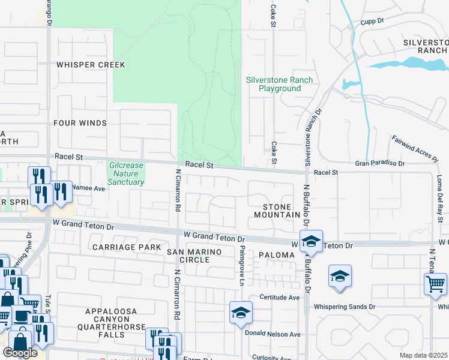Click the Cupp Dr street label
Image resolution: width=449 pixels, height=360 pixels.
pyautogui.click(x=372, y=21)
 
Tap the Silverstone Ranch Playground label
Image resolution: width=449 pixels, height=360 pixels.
pyautogui.click(x=271, y=84)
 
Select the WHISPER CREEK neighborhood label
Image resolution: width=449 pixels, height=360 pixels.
pyautogui.click(x=91, y=65)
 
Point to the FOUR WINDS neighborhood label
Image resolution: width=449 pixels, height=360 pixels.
pyautogui.click(x=80, y=123)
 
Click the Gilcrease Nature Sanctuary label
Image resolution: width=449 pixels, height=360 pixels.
pyautogui.click(x=127, y=173)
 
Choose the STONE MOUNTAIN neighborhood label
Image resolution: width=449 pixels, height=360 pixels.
pyautogui.click(x=277, y=211)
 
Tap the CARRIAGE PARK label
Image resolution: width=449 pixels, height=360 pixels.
pyautogui.click(x=126, y=247)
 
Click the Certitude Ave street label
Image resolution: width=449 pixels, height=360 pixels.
pyautogui.click(x=279, y=297)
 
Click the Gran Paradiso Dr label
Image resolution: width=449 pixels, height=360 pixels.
pyautogui.click(x=380, y=163)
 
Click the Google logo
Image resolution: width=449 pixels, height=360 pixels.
pyautogui.click(x=20, y=353)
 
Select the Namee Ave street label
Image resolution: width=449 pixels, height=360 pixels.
pyautogui.click(x=88, y=188)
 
